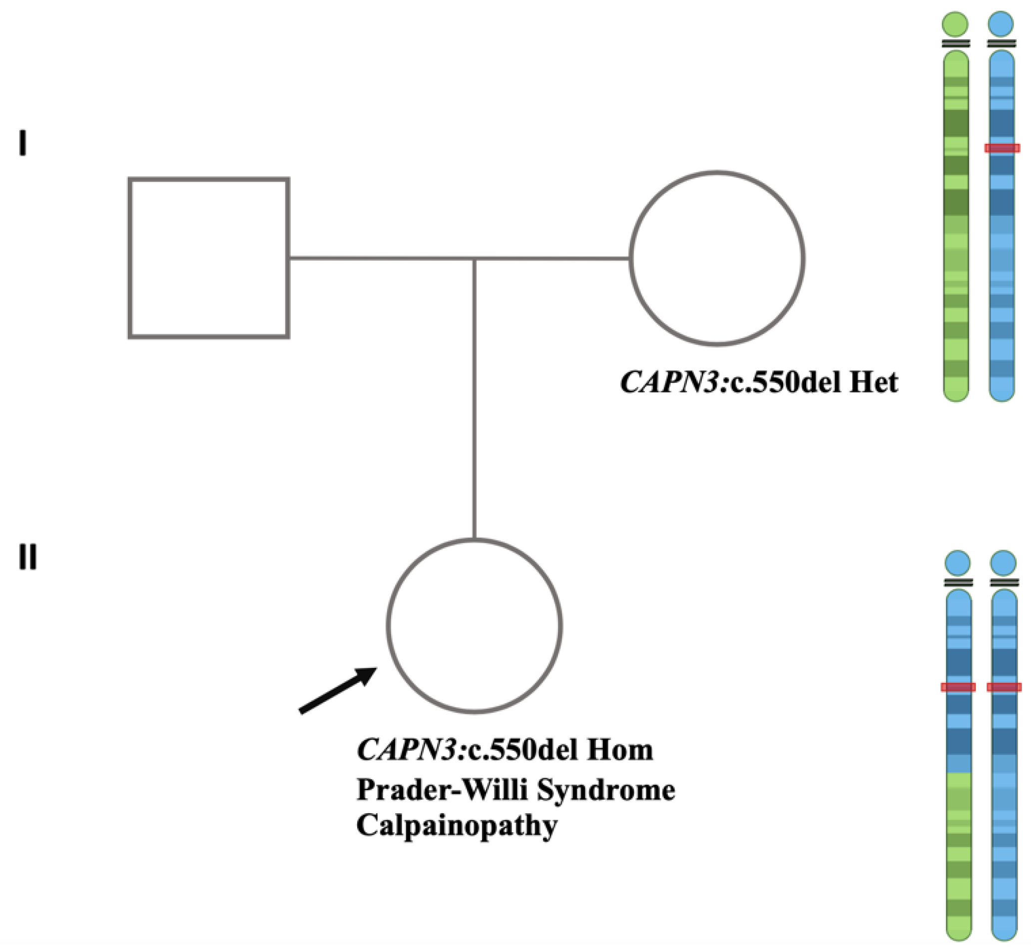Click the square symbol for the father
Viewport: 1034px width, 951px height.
209,258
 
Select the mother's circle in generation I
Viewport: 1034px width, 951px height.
717,258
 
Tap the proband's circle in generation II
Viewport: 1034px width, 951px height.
474,626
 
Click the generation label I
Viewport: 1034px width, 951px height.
22,144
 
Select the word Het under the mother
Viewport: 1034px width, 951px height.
873,382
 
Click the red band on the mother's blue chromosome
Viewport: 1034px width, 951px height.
1002,148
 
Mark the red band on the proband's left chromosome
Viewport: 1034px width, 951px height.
958,687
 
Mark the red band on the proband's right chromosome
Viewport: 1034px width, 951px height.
1004,687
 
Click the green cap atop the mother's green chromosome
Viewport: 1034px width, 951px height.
955,24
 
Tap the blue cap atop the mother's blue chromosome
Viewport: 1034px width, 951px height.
1001,24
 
